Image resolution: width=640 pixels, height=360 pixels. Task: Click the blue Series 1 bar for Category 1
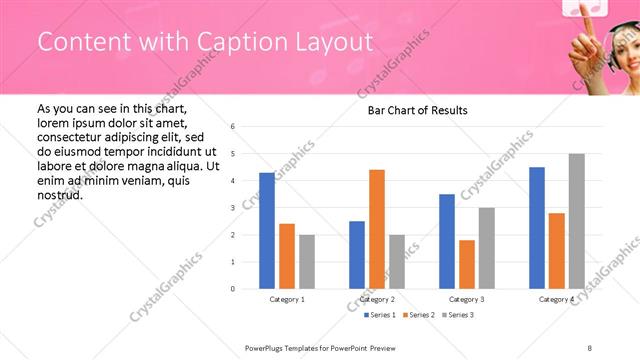tap(267, 231)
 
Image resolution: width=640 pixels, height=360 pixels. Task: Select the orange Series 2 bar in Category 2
tap(376, 229)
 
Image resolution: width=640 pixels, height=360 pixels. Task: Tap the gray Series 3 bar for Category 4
tap(576, 221)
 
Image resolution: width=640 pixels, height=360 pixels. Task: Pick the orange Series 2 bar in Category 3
tap(466, 264)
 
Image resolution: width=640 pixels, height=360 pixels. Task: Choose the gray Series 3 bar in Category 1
tap(306, 262)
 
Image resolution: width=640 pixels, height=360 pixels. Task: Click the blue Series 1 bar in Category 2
tap(357, 255)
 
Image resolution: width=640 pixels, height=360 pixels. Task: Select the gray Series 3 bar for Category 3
tap(486, 248)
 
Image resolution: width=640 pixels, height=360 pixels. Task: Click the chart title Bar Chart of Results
tap(412, 110)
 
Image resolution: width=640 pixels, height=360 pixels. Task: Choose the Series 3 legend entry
tap(457, 316)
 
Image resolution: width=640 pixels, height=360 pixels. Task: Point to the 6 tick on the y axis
tap(232, 127)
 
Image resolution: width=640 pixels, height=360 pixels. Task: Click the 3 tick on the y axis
tap(232, 208)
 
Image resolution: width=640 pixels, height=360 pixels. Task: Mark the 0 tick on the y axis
tap(232, 289)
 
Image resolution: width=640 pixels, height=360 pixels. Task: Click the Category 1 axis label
tap(287, 299)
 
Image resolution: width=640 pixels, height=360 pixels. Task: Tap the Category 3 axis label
tap(466, 299)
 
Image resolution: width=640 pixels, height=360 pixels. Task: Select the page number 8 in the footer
tap(590, 346)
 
